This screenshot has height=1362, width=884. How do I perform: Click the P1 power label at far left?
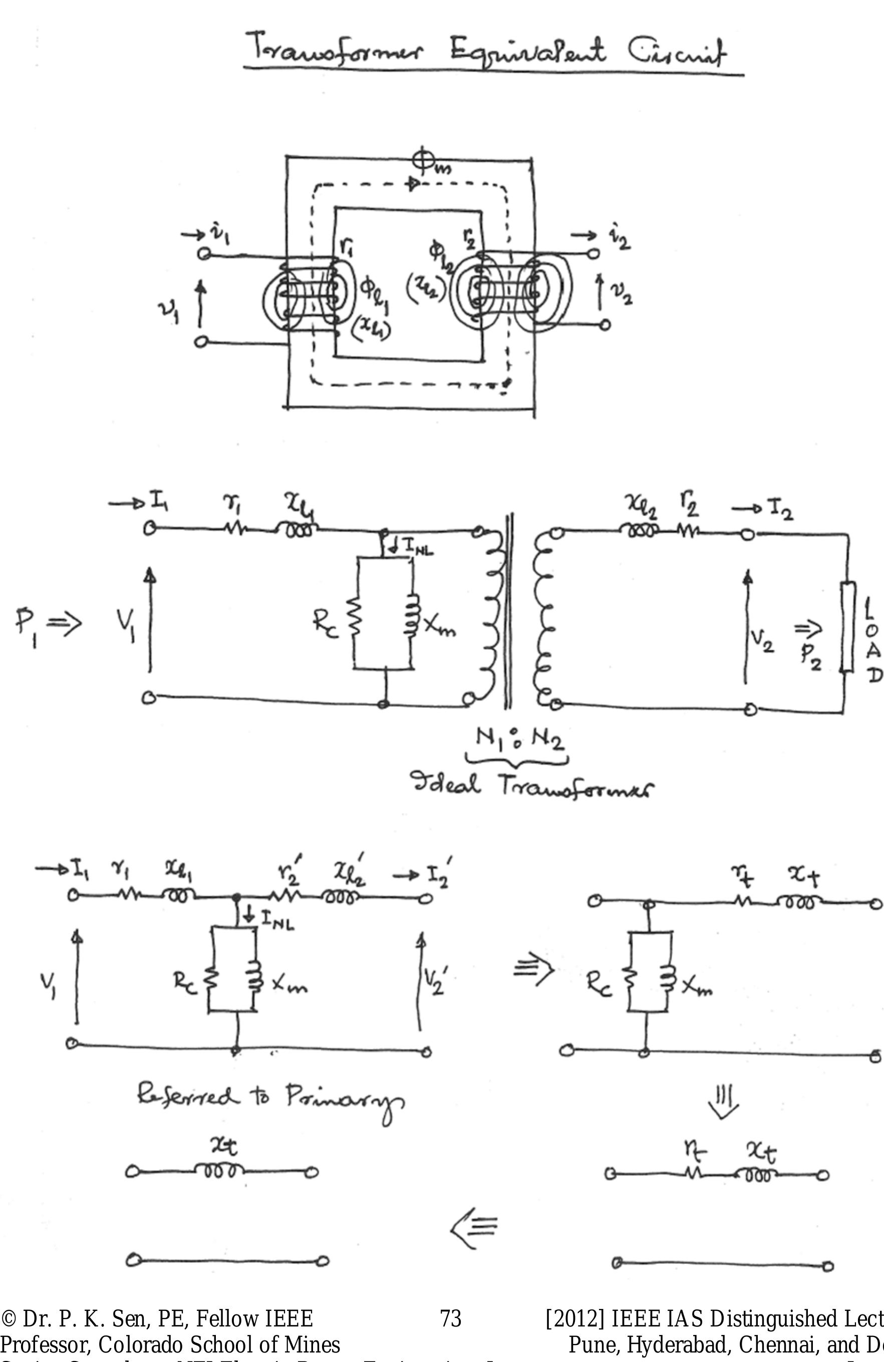point(26,624)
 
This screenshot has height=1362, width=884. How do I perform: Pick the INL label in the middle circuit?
point(418,548)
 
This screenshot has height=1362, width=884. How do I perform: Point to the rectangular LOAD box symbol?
point(848,627)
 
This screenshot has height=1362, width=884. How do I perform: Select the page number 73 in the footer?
point(451,1318)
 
